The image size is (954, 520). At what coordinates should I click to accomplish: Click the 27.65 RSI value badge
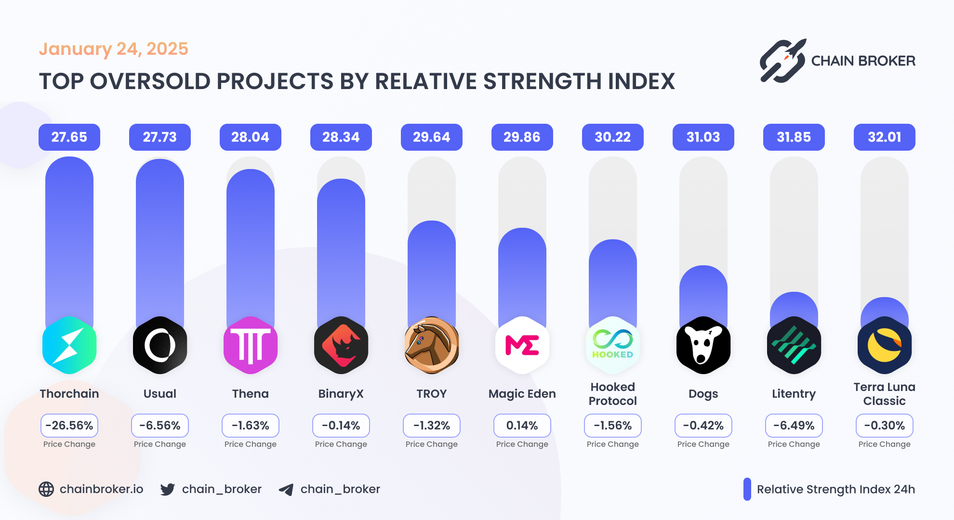[69, 137]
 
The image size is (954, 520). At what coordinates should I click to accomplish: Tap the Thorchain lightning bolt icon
[69, 345]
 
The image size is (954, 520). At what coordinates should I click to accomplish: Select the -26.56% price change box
[69, 426]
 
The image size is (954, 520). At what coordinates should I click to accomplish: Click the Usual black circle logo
[159, 345]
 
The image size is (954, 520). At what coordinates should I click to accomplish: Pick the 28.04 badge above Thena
[250, 137]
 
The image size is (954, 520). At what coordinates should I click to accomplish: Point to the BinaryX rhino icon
[341, 345]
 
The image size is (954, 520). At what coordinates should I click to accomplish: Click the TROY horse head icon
[431, 345]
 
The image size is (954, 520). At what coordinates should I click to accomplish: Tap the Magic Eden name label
[522, 394]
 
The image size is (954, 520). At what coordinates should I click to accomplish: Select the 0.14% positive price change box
[522, 426]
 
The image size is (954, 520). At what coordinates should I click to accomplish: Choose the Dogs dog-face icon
[703, 345]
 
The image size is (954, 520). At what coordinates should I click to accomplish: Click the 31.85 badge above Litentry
[794, 137]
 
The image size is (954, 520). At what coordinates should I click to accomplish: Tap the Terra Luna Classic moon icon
[884, 345]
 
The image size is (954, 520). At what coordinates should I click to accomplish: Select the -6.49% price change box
[794, 426]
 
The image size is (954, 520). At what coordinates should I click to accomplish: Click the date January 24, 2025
[113, 49]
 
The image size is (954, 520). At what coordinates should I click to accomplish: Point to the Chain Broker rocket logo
[783, 61]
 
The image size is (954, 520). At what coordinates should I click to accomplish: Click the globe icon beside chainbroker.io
[46, 489]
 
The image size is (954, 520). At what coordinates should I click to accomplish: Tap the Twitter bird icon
[168, 489]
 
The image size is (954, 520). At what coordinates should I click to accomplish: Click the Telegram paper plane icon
[286, 490]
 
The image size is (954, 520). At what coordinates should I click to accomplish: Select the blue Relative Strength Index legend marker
[747, 489]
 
